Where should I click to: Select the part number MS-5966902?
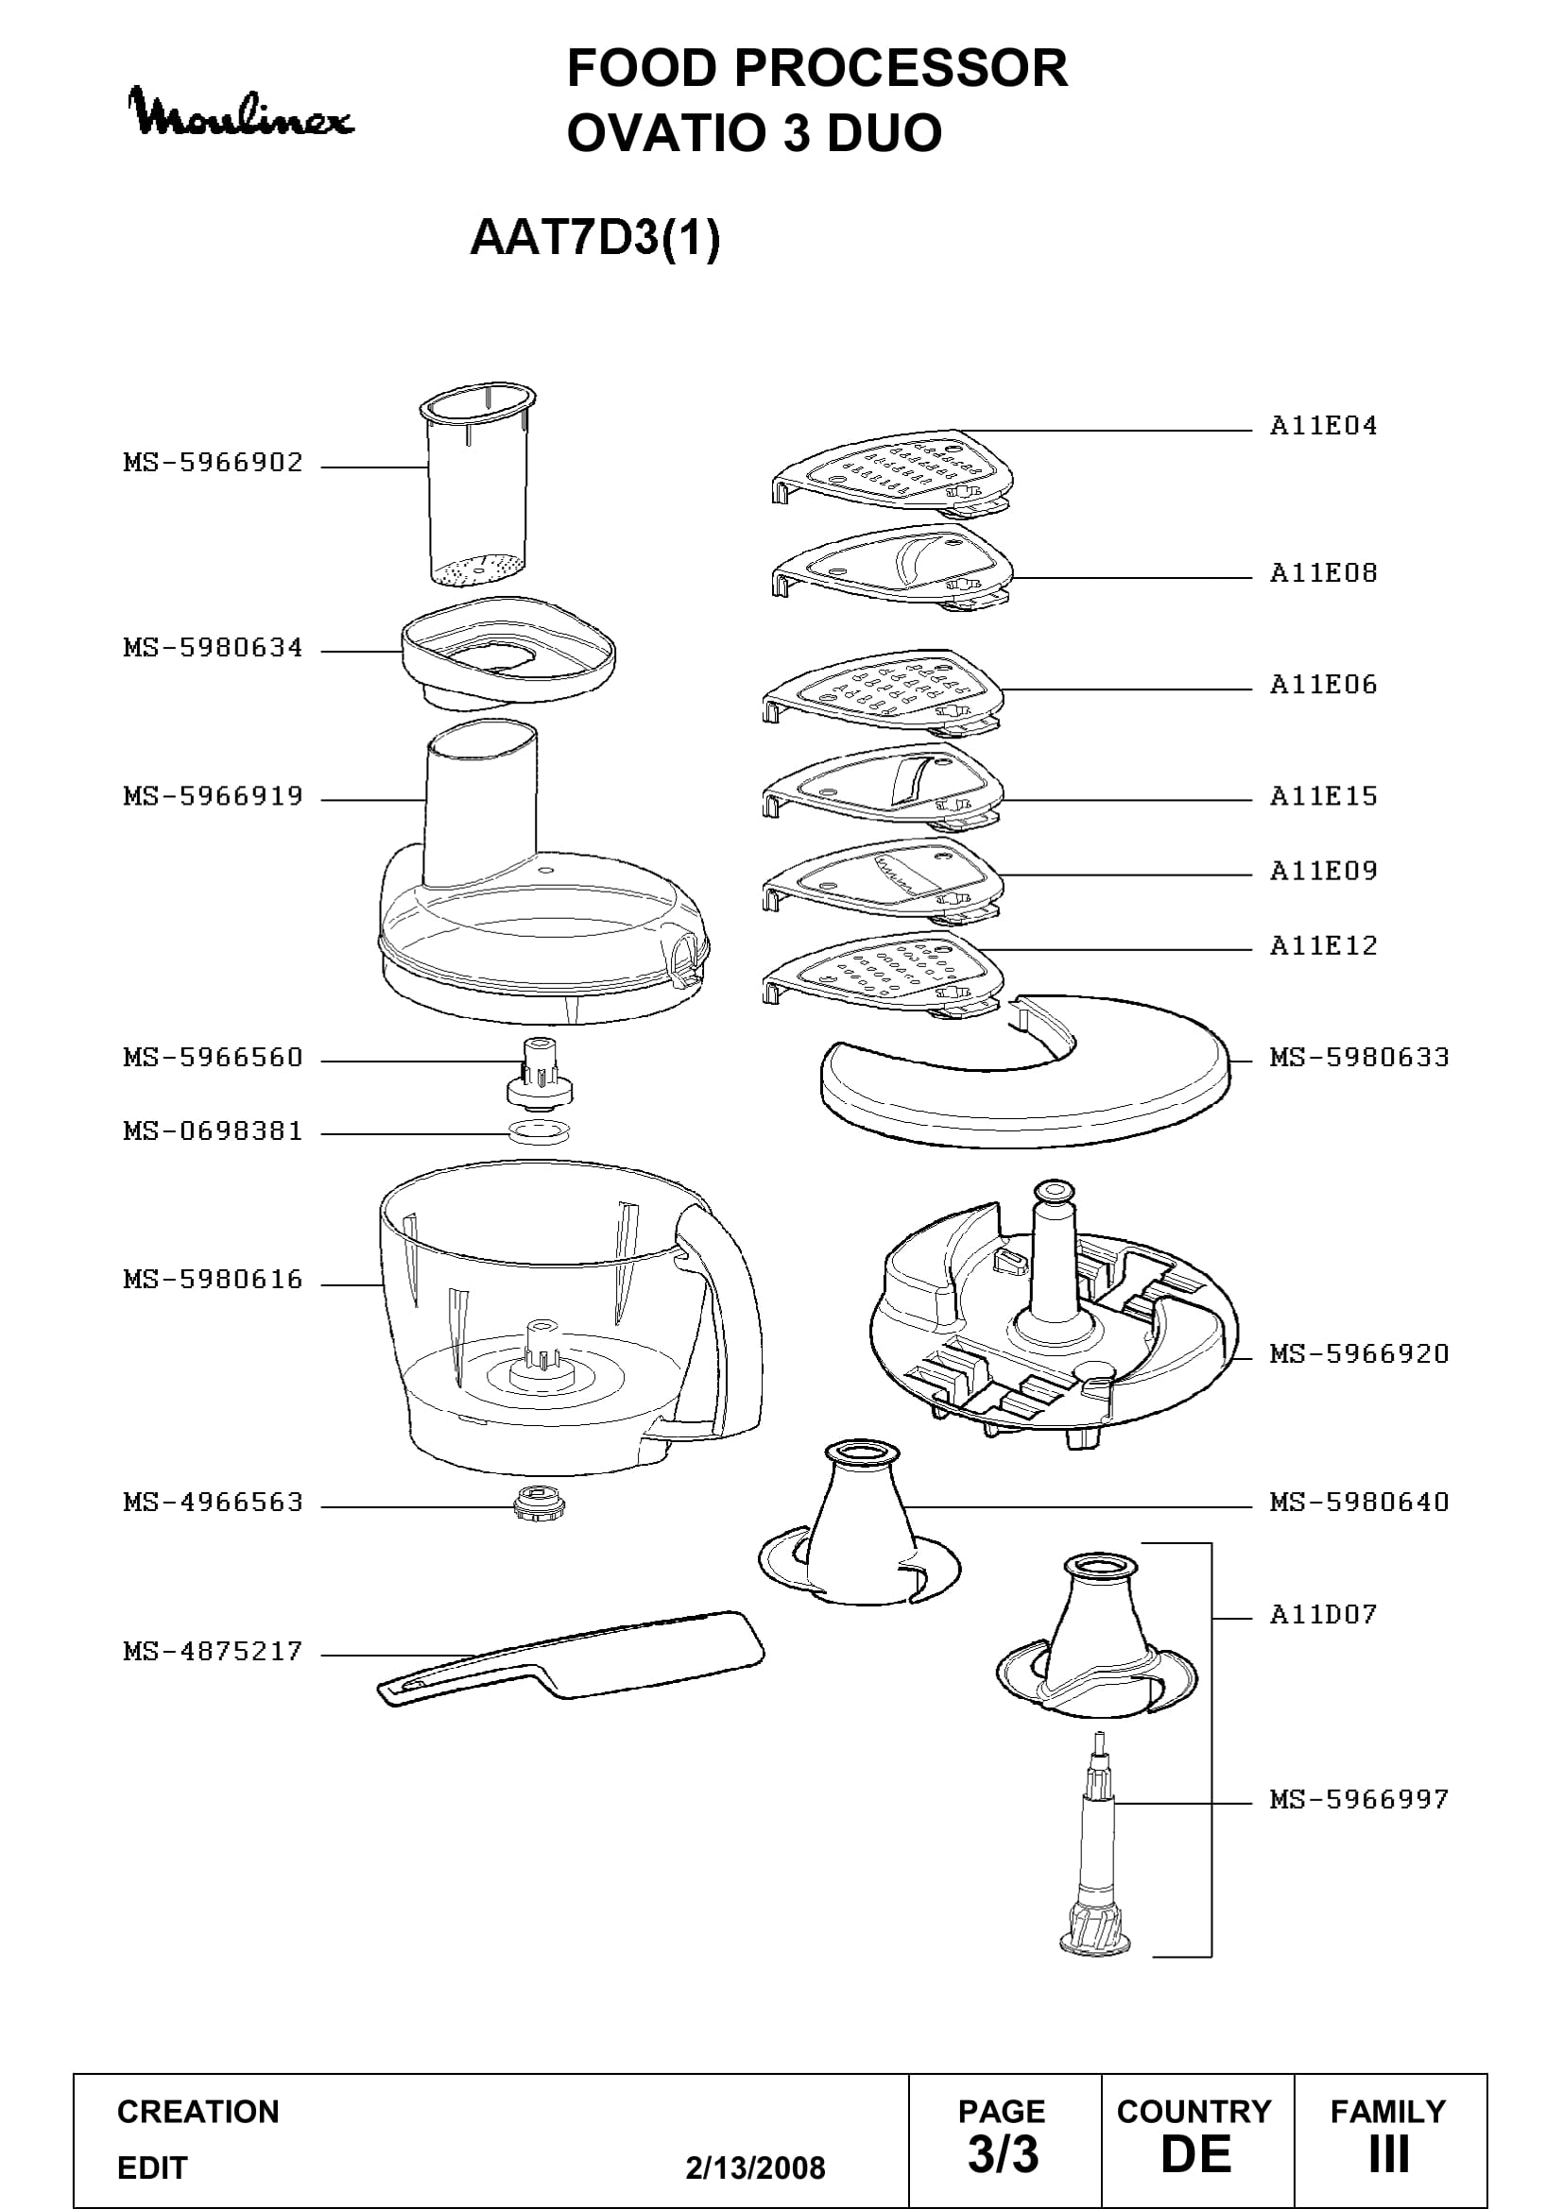tap(213, 463)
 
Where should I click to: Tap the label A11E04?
tap(1323, 425)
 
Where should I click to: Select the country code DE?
tap(1195, 2154)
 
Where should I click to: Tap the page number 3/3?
tap(1003, 2154)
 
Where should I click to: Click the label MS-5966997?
tap(1359, 1799)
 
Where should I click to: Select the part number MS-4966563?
tap(213, 1503)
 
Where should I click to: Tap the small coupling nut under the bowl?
tap(538, 1501)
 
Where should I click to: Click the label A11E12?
tap(1323, 945)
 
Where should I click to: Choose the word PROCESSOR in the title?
tap(901, 68)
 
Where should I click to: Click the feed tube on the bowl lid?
tap(480, 804)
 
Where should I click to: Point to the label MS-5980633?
tap(1359, 1058)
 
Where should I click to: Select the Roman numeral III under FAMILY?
tap(1389, 2154)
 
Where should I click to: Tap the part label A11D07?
tap(1323, 1614)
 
